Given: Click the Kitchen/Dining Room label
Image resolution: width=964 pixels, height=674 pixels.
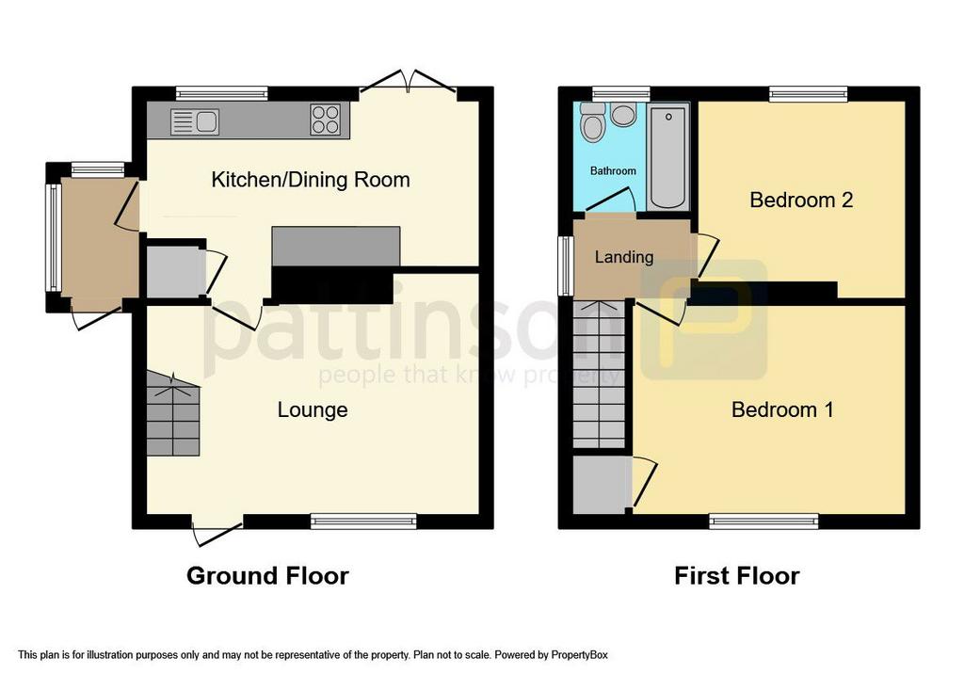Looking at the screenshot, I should tap(311, 179).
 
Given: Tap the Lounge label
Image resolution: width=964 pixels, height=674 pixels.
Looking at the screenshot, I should tap(313, 409).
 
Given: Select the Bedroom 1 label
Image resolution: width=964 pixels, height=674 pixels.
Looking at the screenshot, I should tap(782, 409).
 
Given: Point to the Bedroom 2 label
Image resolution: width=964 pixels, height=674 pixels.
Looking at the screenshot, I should tap(800, 200).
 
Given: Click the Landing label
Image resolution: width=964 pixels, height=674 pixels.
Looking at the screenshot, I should tap(623, 257).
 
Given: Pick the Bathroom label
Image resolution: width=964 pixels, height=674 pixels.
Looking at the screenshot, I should tap(613, 171).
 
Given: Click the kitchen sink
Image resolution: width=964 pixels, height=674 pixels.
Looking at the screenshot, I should tap(195, 120).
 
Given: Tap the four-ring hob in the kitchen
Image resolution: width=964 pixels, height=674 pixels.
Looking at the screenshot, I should tap(325, 120).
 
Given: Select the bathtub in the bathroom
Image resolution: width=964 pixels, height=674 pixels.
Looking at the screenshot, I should tap(668, 155).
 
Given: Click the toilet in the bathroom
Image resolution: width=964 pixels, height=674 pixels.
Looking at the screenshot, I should tap(592, 122).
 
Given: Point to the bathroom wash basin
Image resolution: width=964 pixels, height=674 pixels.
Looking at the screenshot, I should tap(623, 115).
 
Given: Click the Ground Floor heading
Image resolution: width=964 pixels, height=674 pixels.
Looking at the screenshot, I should tap(267, 576).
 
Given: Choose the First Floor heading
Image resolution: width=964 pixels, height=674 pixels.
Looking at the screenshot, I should tap(736, 576).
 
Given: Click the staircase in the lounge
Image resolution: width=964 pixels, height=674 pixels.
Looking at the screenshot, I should tap(172, 413).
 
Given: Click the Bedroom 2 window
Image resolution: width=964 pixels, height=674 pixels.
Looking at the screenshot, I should tap(808, 92).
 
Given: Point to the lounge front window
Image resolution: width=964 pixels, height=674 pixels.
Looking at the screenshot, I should tap(362, 521).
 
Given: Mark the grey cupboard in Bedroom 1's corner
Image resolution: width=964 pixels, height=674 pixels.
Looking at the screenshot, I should tap(602, 485).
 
